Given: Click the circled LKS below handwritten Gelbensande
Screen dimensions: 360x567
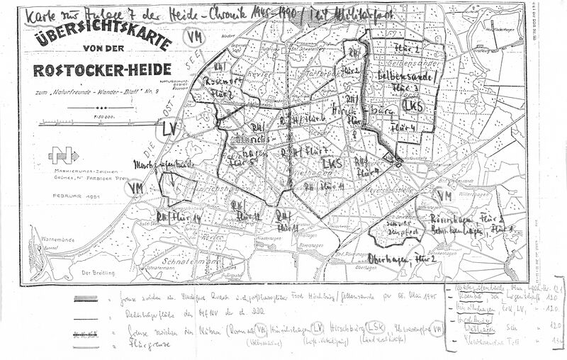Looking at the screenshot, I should point(412,104).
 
